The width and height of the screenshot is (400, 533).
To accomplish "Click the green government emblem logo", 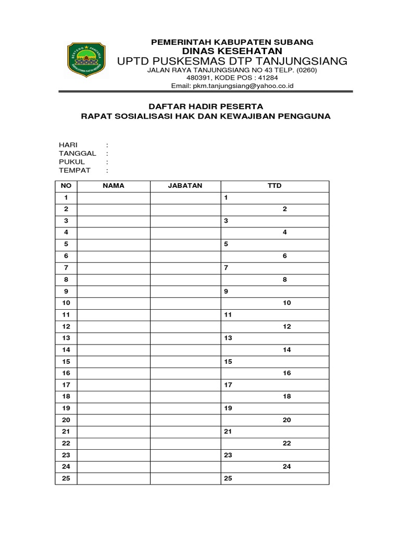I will pos(86,59).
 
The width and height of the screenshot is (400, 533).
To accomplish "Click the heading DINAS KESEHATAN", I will pos(232,50).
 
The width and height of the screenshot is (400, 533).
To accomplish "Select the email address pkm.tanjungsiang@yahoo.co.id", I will pos(232,86).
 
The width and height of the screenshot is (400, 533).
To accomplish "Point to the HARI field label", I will pos(68,145).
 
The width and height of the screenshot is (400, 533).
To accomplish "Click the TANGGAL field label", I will pos(77,154).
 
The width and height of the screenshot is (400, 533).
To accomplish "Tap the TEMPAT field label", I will pos(74,170).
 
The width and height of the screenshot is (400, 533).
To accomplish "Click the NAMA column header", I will pos(114,186).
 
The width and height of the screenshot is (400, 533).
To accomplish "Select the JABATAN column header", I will pos(185,186).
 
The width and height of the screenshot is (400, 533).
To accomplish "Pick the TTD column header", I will pos(274,186).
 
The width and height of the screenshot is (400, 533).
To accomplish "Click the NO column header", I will pos(66,186).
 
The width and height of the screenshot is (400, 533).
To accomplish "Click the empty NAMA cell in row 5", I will pos(114,244).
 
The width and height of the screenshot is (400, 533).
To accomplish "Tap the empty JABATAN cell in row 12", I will pos(185,326).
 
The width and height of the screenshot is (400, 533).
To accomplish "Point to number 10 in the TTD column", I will pos(286,303).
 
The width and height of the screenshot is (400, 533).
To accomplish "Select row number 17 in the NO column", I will pos(66,385).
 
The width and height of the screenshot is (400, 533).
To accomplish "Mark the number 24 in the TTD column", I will pos(286,467).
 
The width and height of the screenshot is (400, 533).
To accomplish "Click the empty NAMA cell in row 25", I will pos(114,478).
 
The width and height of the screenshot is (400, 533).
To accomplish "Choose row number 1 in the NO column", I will pos(66,198).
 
